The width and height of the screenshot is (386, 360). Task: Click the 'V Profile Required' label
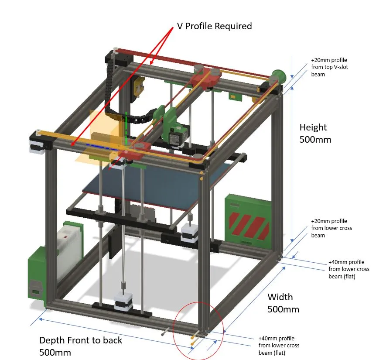[214, 26]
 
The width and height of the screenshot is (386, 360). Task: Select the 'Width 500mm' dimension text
[283, 303]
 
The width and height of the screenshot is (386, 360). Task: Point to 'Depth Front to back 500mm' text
[81, 346]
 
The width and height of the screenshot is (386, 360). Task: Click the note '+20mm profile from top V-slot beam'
[329, 67]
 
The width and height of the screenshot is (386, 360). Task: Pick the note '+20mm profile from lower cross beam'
[331, 228]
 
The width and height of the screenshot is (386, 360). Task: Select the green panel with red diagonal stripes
[247, 218]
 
